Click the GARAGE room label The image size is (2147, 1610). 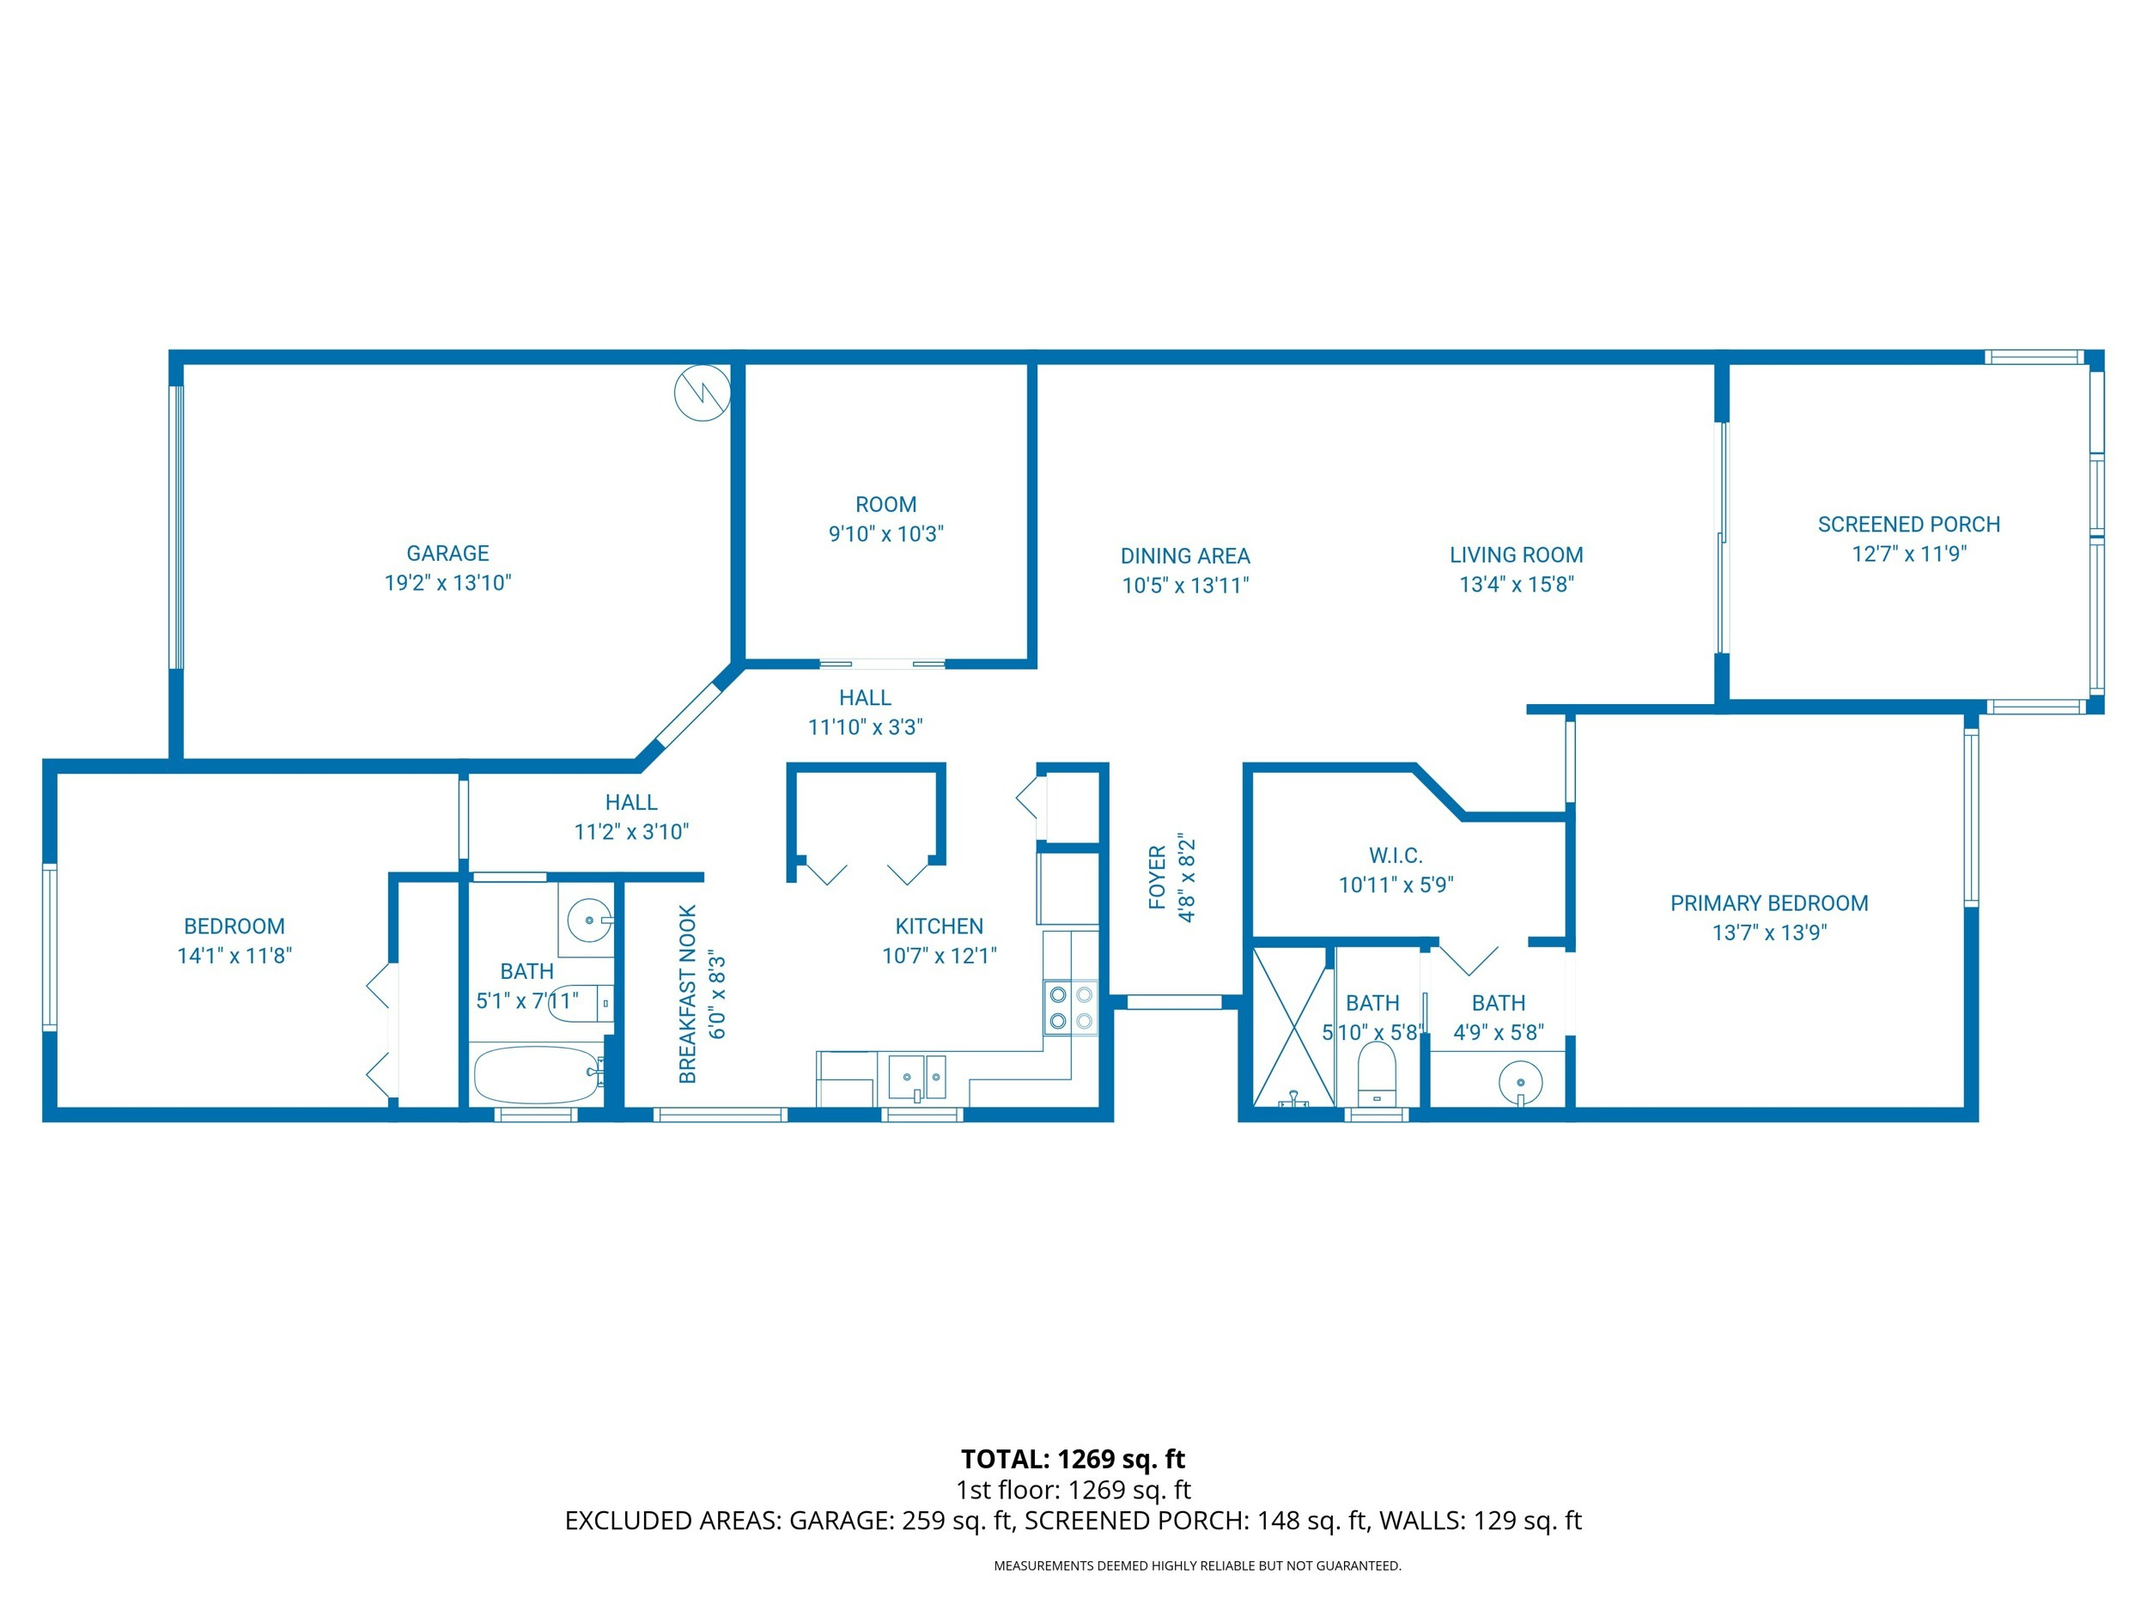coord(447,553)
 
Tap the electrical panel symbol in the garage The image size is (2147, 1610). coord(702,393)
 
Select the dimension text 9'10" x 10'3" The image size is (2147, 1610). coord(885,534)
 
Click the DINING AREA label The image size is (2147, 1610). coord(1185,556)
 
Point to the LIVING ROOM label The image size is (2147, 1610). coord(1516,555)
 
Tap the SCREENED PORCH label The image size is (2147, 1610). coord(1908,524)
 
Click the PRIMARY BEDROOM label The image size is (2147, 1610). coord(1768,903)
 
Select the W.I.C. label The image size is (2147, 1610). coord(1395,856)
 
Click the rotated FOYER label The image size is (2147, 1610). coord(1157,878)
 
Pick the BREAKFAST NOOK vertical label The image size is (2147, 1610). coord(688,993)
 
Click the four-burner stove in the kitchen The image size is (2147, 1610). coord(1071,1007)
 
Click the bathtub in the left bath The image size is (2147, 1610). coord(536,1074)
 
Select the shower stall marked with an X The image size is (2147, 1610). coord(1292,1028)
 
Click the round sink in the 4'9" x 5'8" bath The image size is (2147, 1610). coord(1520,1083)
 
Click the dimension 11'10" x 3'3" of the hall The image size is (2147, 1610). coord(865,727)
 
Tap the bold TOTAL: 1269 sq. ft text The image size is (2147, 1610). coord(1073,1460)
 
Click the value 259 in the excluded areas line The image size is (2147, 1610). coord(923,1521)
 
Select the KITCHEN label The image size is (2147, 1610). coord(939,927)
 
